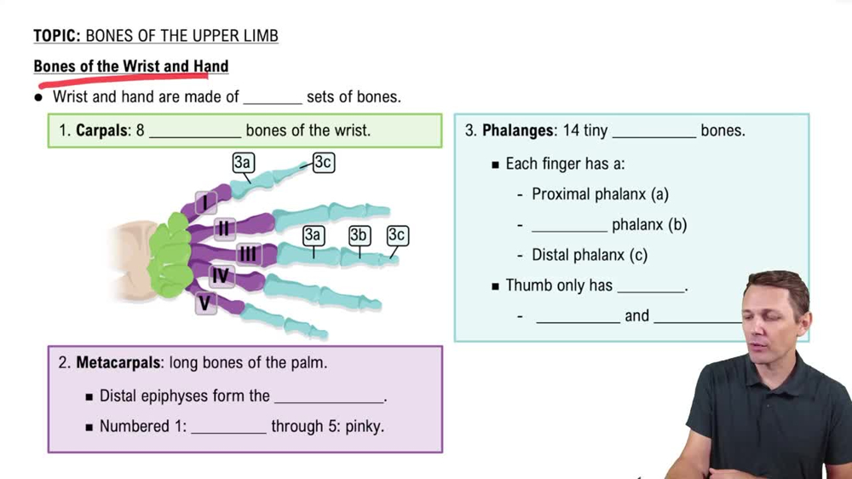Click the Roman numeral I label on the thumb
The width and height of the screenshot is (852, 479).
204,203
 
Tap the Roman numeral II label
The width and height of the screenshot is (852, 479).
224,228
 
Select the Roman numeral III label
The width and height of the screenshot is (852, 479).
248,254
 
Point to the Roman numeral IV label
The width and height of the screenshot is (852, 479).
221,276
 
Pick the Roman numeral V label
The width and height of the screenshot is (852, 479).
204,303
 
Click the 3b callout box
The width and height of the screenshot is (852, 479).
360,235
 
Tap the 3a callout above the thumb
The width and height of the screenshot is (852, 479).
243,163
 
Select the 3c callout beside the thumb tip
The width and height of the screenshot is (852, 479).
323,162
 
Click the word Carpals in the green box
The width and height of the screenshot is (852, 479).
102,131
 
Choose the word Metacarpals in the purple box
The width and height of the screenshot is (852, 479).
118,363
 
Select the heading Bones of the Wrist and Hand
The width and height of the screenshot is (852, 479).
131,66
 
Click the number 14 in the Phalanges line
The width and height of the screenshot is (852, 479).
572,130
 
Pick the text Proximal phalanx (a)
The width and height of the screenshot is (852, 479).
600,194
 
